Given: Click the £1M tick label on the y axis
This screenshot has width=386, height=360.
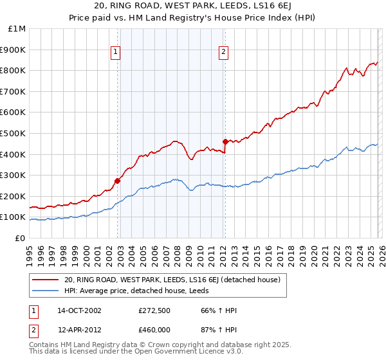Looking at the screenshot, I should tap(17, 28).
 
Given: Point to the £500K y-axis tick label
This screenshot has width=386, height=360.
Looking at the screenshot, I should tap(14, 133).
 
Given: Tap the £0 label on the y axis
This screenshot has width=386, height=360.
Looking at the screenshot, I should tap(20, 238).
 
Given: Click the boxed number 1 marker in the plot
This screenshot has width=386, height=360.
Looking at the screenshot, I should tap(116, 53).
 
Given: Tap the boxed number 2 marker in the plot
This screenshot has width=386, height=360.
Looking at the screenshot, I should tap(223, 53).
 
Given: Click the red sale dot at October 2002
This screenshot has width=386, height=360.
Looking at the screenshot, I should tap(118, 181).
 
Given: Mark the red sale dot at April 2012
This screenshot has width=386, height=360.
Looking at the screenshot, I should tap(225, 141).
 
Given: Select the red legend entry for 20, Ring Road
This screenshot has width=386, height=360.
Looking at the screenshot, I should tap(172, 280).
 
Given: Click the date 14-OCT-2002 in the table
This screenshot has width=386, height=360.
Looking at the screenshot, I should tap(79, 310).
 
